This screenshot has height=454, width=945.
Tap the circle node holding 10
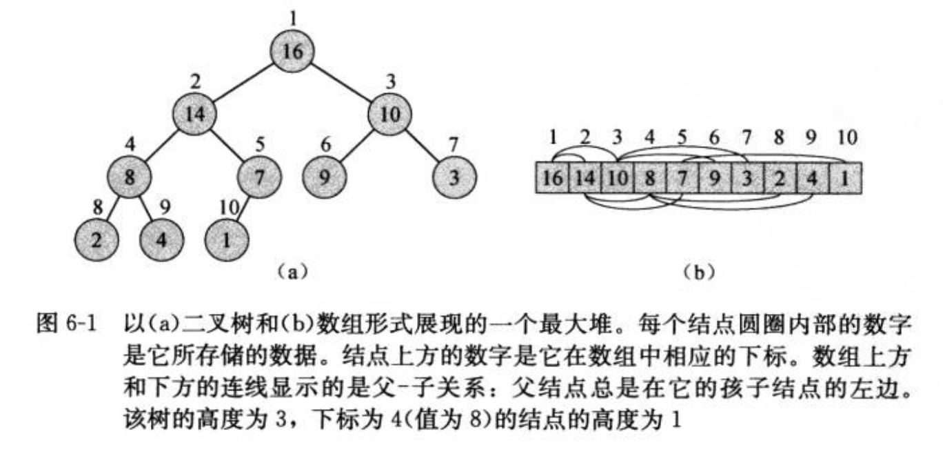[x=390, y=113]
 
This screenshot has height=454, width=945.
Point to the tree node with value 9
[x=324, y=175]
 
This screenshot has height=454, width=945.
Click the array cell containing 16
[x=551, y=178]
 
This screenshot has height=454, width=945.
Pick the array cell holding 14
[x=584, y=178]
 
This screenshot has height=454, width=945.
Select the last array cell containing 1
[x=845, y=178]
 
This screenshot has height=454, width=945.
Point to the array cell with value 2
[x=780, y=178]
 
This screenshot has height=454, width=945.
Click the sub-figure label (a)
[x=290, y=271]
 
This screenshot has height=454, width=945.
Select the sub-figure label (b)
[x=698, y=271]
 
